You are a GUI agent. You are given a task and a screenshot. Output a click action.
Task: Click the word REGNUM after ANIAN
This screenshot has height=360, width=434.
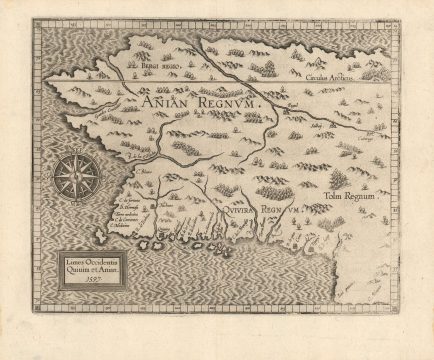tap(225, 102)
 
